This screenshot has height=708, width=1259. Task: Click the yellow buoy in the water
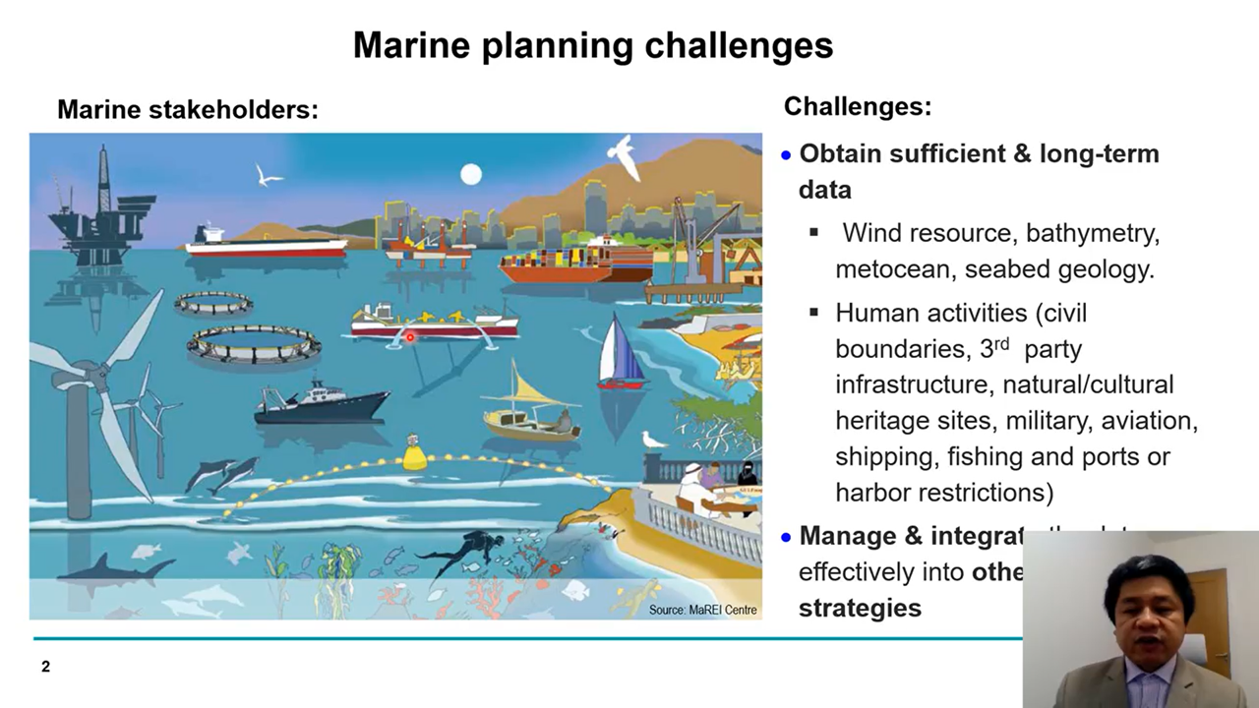(415, 455)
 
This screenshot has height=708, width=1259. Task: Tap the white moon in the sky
(471, 175)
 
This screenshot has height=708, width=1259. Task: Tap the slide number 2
(45, 667)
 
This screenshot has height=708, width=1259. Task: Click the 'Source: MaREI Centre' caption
(702, 610)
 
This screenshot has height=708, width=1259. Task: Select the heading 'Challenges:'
(857, 106)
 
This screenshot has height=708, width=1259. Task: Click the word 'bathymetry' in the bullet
(1093, 233)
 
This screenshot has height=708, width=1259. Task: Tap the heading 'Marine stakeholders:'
(188, 109)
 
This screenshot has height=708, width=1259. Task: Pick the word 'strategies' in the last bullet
(860, 608)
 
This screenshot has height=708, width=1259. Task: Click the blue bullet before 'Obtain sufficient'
(786, 155)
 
